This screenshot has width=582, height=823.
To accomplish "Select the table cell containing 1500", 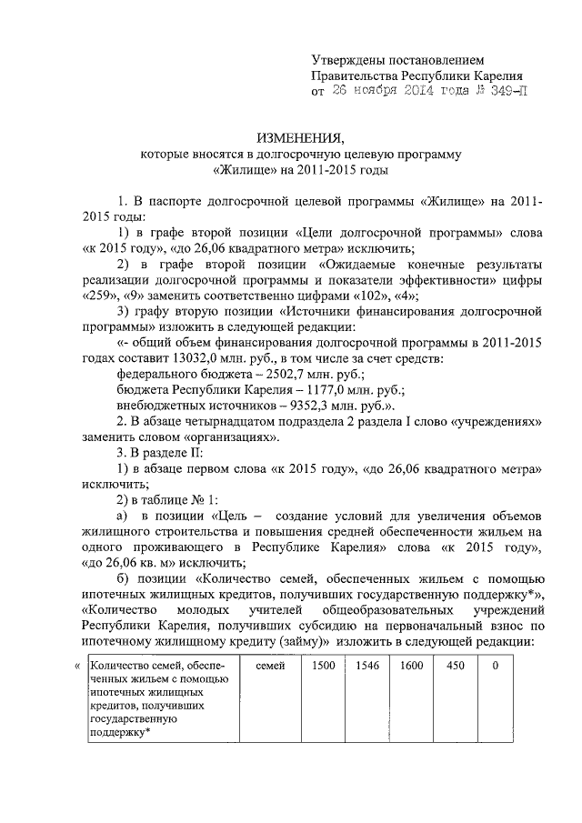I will point(324,667).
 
